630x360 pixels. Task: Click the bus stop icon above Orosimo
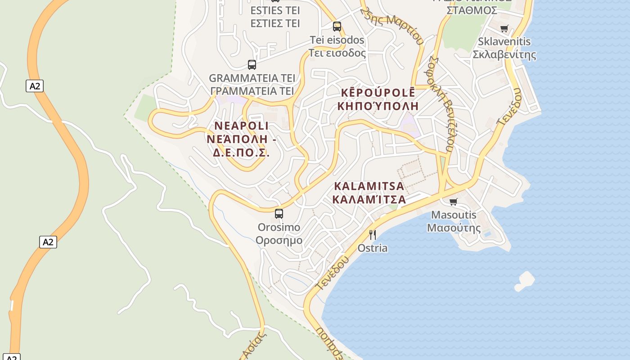279,213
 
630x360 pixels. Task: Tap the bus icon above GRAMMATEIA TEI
252,64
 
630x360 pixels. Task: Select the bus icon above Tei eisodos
337,26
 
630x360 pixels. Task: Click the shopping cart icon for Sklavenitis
504,28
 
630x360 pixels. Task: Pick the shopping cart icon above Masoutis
453,202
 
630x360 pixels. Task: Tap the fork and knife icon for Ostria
372,234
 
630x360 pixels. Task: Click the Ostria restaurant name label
372,248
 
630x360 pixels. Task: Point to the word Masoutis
454,215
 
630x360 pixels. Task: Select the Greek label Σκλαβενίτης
504,55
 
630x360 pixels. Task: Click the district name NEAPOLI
242,125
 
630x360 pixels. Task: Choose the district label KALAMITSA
369,186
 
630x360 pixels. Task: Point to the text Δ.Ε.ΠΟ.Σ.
241,153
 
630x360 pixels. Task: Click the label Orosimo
279,227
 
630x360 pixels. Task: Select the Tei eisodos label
337,40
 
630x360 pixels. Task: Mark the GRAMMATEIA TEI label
252,78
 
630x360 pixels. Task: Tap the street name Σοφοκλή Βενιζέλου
441,103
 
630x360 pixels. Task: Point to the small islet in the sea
525,280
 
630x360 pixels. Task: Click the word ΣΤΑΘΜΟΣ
472,9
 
